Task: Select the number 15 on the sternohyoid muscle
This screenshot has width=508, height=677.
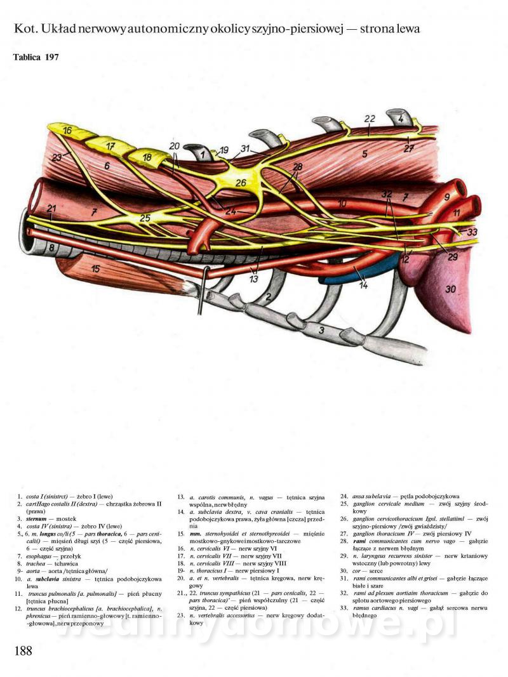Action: [x=95, y=269]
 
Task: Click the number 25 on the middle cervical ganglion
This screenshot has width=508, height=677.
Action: [x=145, y=218]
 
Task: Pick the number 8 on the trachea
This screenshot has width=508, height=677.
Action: [x=52, y=248]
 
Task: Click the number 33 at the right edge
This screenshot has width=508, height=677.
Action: [x=471, y=233]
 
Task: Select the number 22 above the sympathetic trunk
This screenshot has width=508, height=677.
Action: [x=370, y=119]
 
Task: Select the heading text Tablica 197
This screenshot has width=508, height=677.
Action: [x=36, y=57]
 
